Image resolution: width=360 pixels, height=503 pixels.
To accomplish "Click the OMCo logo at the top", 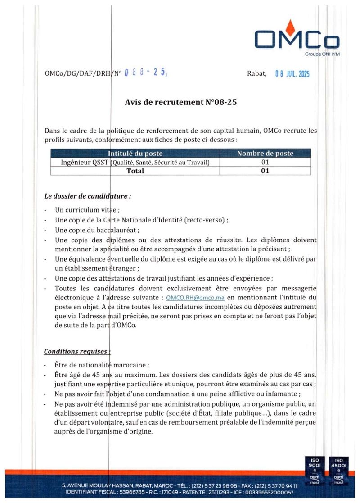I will pyautogui.click(x=297, y=38).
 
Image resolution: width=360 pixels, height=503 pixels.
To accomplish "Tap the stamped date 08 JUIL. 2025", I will pyautogui.click(x=292, y=74).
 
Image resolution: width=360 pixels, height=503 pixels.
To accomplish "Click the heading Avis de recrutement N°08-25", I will pyautogui.click(x=180, y=102).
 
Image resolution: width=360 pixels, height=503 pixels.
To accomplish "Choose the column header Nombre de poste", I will pyautogui.click(x=265, y=154).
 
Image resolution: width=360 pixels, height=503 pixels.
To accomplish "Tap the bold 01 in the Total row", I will pyautogui.click(x=265, y=171).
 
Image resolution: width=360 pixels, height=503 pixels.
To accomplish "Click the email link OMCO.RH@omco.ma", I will pyautogui.click(x=195, y=298).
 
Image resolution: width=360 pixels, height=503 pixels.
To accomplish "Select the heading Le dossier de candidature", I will pyautogui.click(x=88, y=196).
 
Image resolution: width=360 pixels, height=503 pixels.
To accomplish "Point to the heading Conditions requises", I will pyautogui.click(x=77, y=351).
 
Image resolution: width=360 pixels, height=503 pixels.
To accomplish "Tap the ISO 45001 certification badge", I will pyautogui.click(x=338, y=471).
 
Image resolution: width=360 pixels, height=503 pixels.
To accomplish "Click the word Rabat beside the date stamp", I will pyautogui.click(x=256, y=73).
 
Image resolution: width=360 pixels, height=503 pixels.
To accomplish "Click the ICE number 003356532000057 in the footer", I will pyautogui.click(x=268, y=492).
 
